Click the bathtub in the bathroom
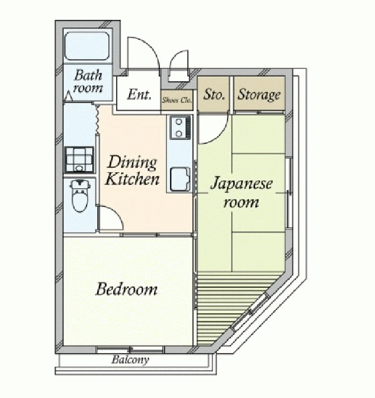(87, 46)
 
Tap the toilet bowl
(80, 196)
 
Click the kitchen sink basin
(180, 179)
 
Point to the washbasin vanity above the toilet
(79, 160)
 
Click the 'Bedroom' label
(126, 289)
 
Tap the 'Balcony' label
(130, 360)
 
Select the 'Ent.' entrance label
(139, 94)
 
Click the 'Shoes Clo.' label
(177, 100)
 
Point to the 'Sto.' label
(214, 94)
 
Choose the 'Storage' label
(259, 95)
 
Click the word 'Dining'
(132, 163)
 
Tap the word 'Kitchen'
(132, 179)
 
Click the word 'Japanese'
(241, 184)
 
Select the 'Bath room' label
(88, 81)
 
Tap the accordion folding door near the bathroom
(97, 119)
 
